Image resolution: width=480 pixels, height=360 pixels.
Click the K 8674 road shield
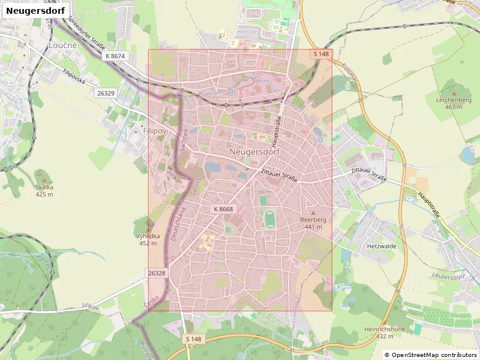[x=115, y=56]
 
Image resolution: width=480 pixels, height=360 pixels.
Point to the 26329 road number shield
[x=105, y=93]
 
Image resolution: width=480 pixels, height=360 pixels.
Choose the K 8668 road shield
[x=222, y=209]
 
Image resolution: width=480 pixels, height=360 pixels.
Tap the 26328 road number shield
[x=156, y=273]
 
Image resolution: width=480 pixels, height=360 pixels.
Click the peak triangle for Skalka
[x=44, y=179]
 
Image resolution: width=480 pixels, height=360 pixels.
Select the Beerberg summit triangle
[x=313, y=212]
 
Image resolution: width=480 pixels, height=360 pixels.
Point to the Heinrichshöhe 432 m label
[x=385, y=332]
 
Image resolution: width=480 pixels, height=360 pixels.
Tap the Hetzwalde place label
[x=381, y=246]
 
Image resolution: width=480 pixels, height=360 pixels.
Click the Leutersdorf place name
[x=448, y=277]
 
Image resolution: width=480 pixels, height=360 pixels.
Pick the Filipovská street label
[x=74, y=76]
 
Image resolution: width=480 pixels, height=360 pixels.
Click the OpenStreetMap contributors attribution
[x=430, y=355]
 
